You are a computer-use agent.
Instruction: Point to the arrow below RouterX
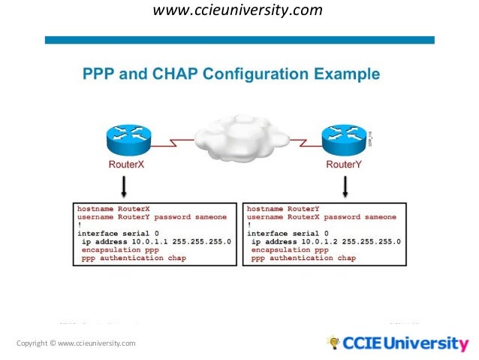pyautogui.click(x=124, y=186)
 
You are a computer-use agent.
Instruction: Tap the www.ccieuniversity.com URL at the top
pyautogui.click(x=238, y=11)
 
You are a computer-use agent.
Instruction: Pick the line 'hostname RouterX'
pyautogui.click(x=113, y=208)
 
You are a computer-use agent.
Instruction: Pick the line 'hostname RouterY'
pyautogui.click(x=283, y=208)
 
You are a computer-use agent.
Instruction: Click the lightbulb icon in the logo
pyautogui.click(x=333, y=343)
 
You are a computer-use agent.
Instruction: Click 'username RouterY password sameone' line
pyautogui.click(x=151, y=216)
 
